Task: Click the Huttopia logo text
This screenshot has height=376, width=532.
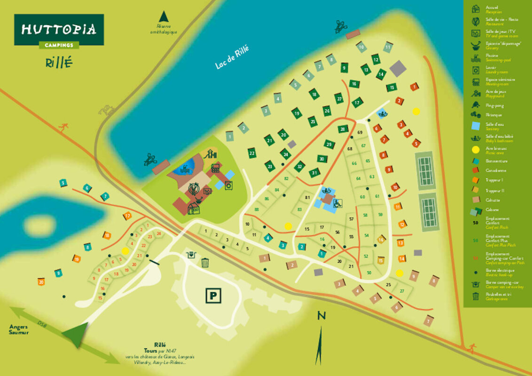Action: (x=59, y=30)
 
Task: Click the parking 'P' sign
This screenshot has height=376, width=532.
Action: (x=213, y=296)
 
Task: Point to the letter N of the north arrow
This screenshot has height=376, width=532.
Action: (x=321, y=315)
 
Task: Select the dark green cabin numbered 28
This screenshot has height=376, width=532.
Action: (x=343, y=129)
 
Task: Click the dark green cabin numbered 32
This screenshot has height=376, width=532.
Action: (x=299, y=166)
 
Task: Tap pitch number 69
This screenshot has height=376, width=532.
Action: (x=360, y=133)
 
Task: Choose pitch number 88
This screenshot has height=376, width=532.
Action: (x=257, y=210)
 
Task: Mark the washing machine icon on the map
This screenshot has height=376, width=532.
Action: (x=228, y=185)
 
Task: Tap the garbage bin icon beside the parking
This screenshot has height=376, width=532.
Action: (x=205, y=262)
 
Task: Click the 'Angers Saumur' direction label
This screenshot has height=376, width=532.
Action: (x=18, y=329)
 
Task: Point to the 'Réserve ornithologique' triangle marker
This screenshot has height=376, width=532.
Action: (x=164, y=17)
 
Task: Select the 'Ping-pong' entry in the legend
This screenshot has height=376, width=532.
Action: (x=493, y=106)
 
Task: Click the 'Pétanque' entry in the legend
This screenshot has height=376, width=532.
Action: (x=493, y=115)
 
